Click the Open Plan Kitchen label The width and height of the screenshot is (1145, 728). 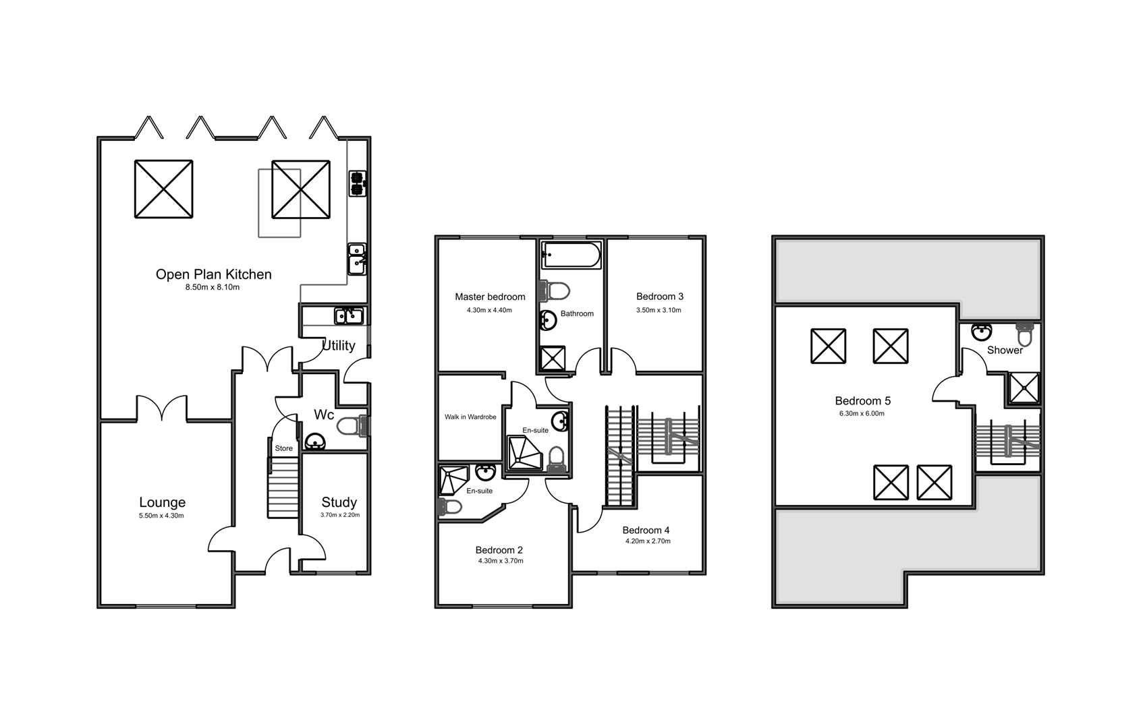click(213, 274)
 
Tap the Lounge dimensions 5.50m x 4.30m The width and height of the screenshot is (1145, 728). click(161, 516)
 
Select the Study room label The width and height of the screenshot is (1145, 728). click(339, 502)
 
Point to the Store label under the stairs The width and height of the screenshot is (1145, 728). click(284, 448)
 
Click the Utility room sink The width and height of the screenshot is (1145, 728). click(349, 315)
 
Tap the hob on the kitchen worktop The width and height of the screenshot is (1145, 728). click(358, 183)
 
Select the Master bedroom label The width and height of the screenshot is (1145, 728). click(490, 297)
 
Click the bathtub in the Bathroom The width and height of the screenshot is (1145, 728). click(571, 255)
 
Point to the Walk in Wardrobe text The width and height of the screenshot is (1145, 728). click(470, 417)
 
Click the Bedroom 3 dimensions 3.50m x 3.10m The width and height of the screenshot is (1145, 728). click(659, 310)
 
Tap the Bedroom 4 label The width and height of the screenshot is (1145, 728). click(646, 530)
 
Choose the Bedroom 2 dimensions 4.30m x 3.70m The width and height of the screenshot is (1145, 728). click(501, 561)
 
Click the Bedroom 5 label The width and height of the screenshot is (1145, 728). click(862, 401)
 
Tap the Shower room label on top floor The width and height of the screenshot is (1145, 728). click(1005, 350)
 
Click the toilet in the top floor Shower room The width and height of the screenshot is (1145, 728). click(1025, 334)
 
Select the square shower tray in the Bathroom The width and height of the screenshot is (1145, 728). click(553, 359)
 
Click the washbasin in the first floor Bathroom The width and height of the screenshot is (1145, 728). click(549, 320)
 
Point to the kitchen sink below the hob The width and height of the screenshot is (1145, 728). click(357, 260)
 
